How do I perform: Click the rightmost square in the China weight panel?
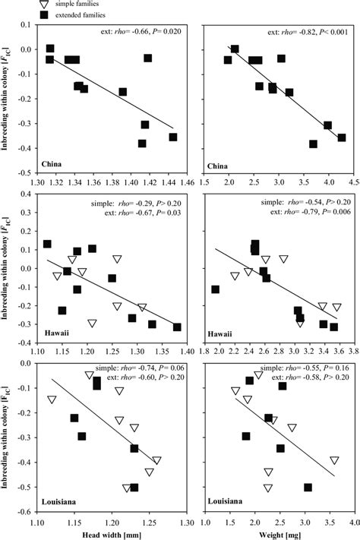point(342,137)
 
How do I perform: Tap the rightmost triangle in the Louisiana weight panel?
point(335,461)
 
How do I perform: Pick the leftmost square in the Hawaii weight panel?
point(216,289)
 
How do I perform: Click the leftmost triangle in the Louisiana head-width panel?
point(52,399)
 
